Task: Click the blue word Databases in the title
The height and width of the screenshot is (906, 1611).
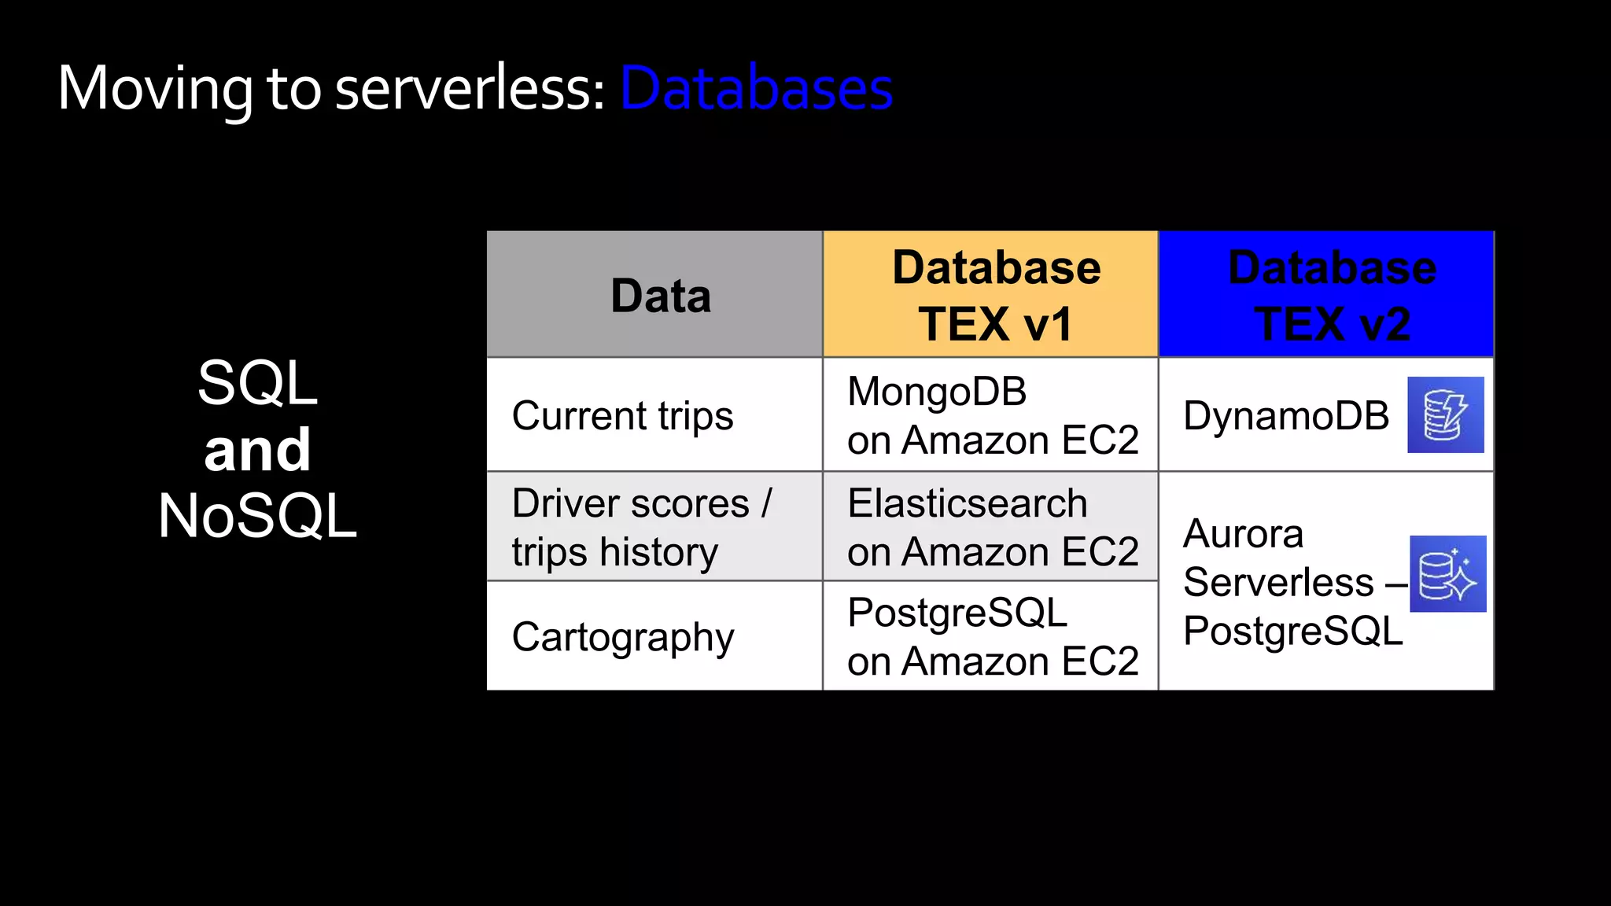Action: click(756, 88)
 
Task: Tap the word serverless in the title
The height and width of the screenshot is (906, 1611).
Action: click(463, 88)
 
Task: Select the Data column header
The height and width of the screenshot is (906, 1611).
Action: click(660, 296)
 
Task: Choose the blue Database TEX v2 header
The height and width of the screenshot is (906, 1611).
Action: click(1332, 296)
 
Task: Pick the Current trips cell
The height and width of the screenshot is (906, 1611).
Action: click(622, 416)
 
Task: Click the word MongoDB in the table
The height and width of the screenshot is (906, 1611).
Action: click(937, 392)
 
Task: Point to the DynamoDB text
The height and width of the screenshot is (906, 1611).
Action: click(1286, 416)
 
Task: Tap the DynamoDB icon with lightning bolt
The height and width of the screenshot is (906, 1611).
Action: click(1445, 415)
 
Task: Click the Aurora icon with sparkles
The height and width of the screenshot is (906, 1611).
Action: click(1447, 574)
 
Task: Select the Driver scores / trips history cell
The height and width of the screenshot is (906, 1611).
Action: click(641, 527)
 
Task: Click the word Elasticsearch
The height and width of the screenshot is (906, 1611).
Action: click(967, 503)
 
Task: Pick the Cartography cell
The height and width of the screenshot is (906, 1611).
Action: click(622, 637)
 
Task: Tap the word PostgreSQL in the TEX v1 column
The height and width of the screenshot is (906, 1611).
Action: click(957, 613)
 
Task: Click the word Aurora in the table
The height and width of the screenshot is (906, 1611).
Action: click(1243, 534)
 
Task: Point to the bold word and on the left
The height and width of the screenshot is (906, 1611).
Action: click(258, 450)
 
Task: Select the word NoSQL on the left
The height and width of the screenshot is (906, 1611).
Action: click(258, 516)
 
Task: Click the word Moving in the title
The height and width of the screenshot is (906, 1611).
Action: click(155, 88)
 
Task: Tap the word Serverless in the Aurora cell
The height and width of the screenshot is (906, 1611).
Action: click(1278, 583)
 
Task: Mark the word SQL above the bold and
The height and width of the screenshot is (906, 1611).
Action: click(258, 383)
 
